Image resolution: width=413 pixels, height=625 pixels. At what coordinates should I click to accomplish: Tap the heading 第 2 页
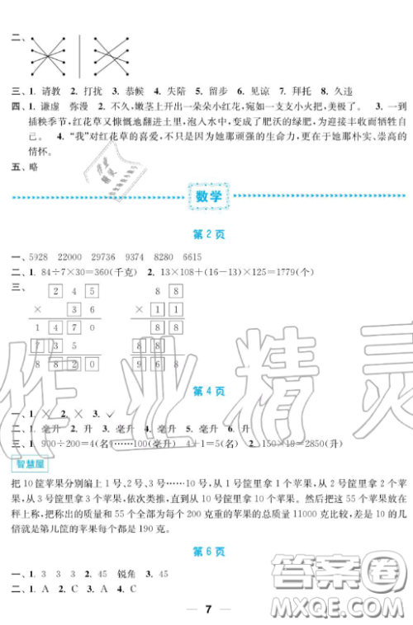pyautogui.click(x=206, y=234)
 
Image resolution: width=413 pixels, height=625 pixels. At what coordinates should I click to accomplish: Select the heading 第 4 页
pyautogui.click(x=206, y=390)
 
